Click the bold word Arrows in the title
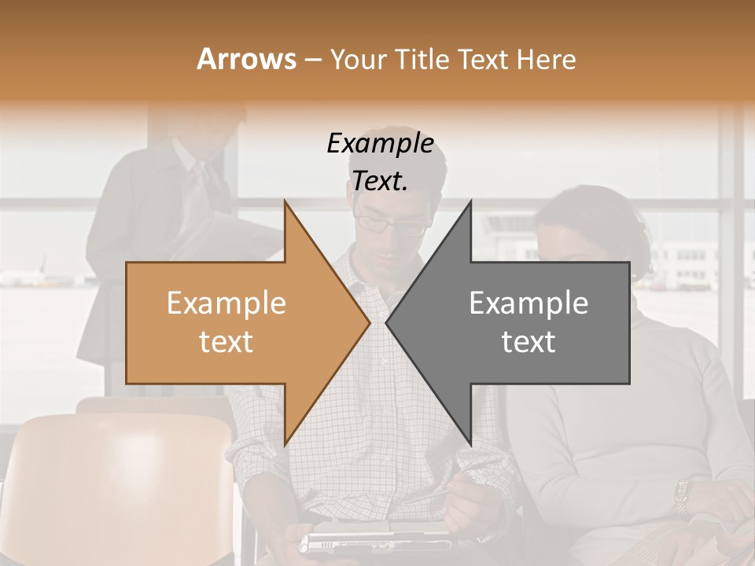[246, 60]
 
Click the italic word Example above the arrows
[380, 143]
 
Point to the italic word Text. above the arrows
[380, 181]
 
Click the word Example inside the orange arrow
[226, 303]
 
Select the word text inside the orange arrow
[226, 342]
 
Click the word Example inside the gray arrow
[528, 303]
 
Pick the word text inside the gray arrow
[528, 342]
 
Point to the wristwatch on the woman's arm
[682, 495]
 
